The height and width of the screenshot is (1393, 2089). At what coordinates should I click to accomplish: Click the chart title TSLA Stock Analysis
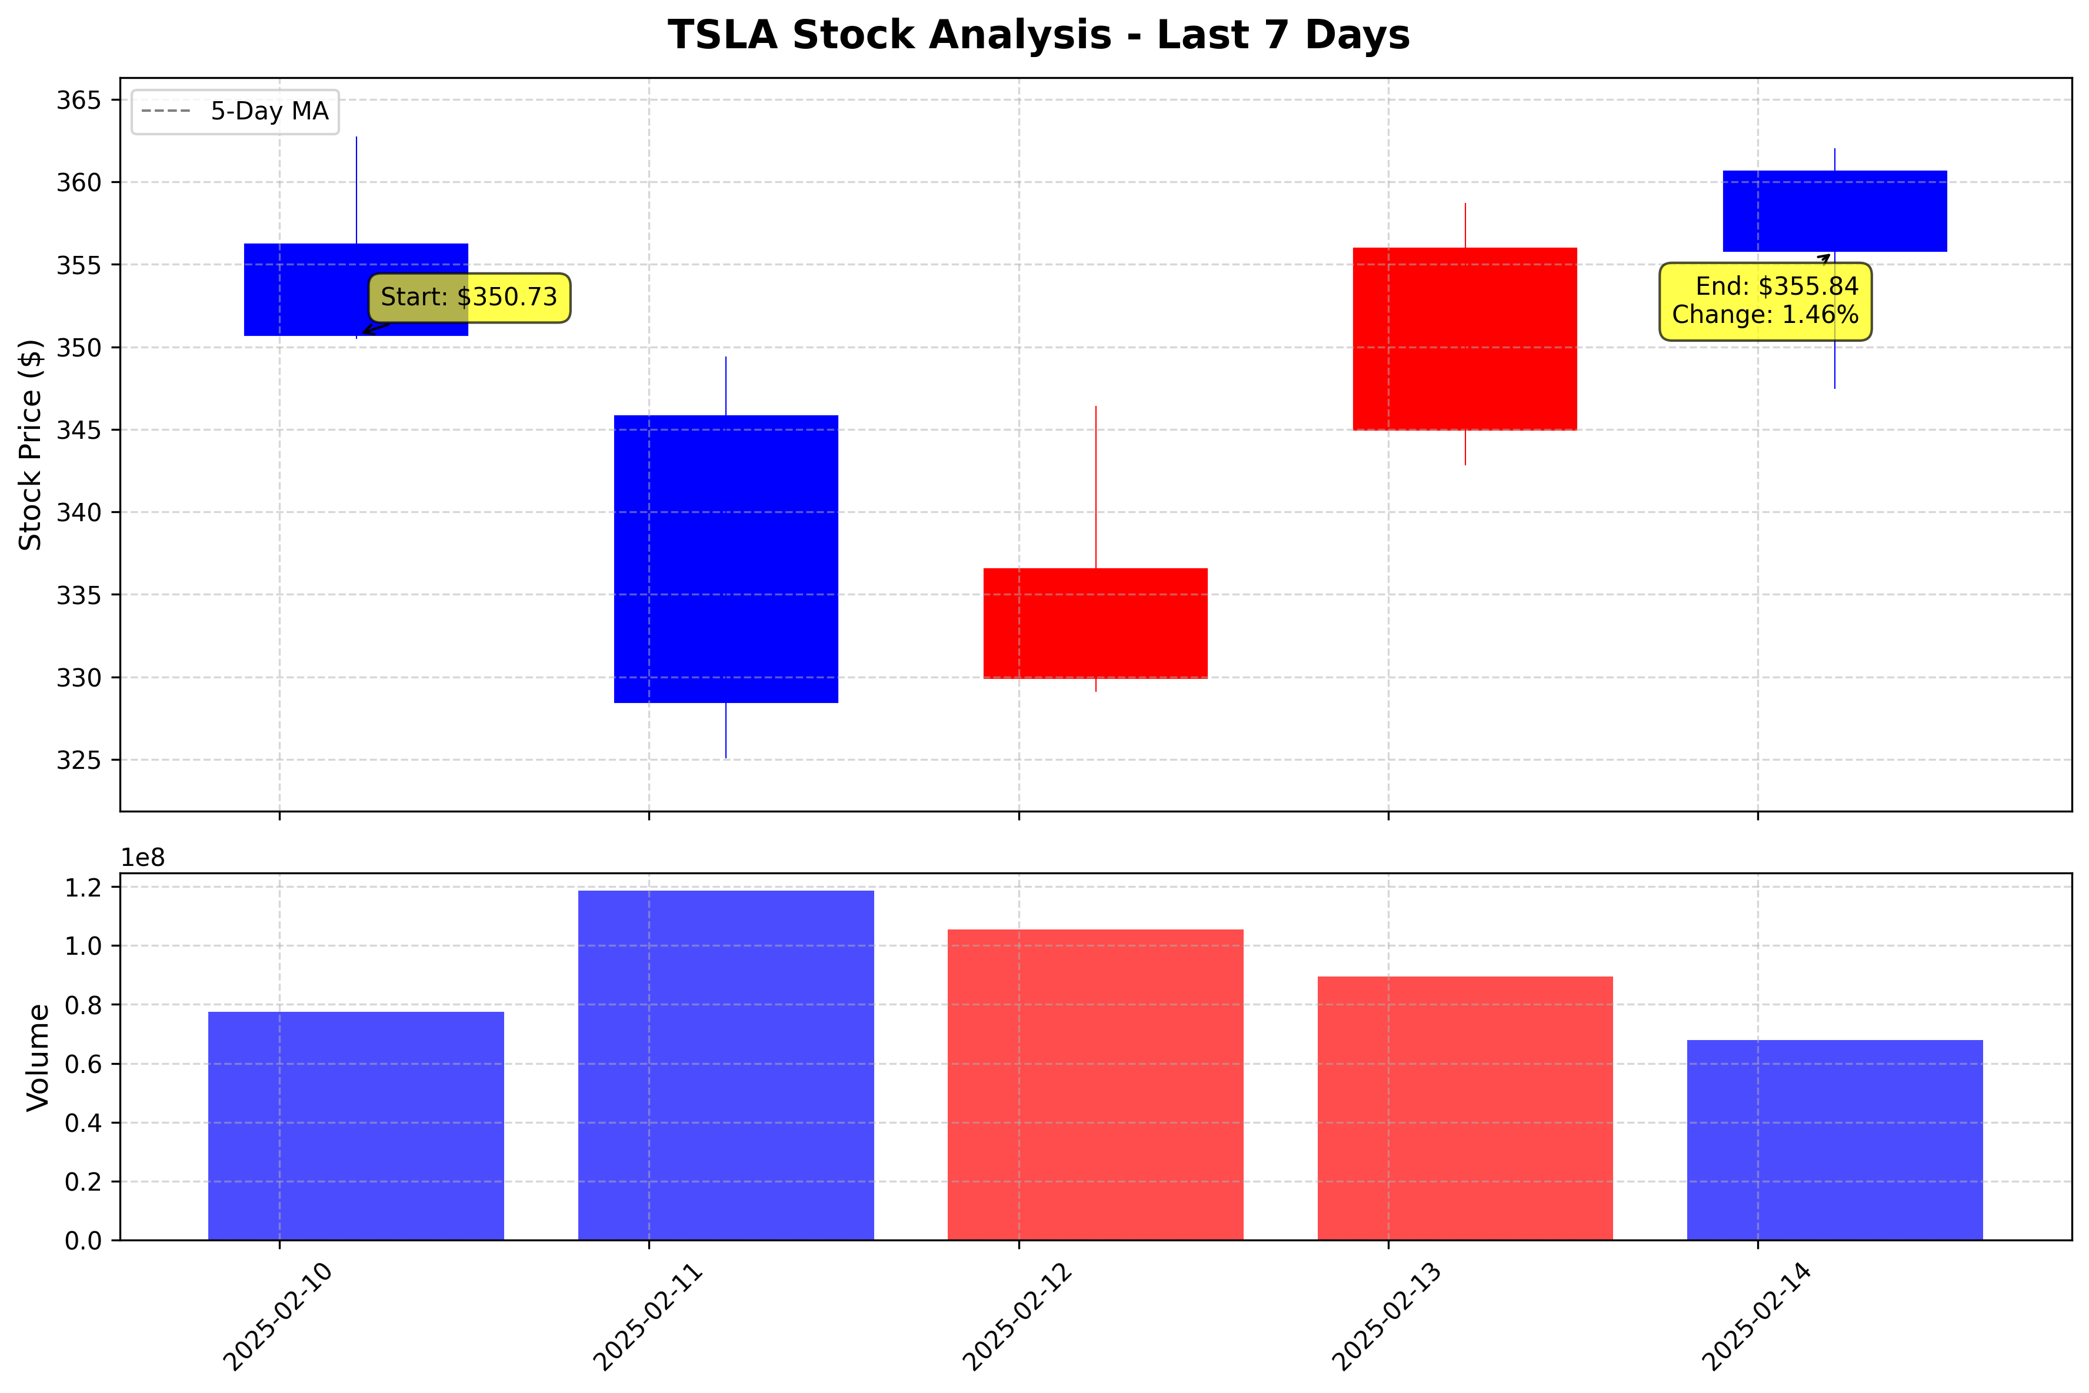(x=1038, y=35)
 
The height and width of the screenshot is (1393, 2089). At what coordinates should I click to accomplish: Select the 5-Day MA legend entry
(x=235, y=112)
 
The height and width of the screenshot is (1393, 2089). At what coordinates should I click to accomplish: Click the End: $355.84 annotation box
(x=1765, y=301)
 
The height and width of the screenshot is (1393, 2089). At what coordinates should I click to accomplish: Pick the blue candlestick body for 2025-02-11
(x=725, y=559)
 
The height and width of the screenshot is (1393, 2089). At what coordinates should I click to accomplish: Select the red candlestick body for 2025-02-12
(x=1095, y=623)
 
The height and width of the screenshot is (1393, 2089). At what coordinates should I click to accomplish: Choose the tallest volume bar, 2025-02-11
(x=725, y=1065)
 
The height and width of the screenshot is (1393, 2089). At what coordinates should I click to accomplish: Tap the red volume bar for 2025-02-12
(x=1095, y=1085)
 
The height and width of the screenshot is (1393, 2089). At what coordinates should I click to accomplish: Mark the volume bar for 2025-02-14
(x=1834, y=1140)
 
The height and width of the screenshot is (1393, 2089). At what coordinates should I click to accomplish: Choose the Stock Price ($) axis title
(x=31, y=444)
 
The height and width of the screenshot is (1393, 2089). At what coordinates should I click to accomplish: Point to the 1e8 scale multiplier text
(x=143, y=858)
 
